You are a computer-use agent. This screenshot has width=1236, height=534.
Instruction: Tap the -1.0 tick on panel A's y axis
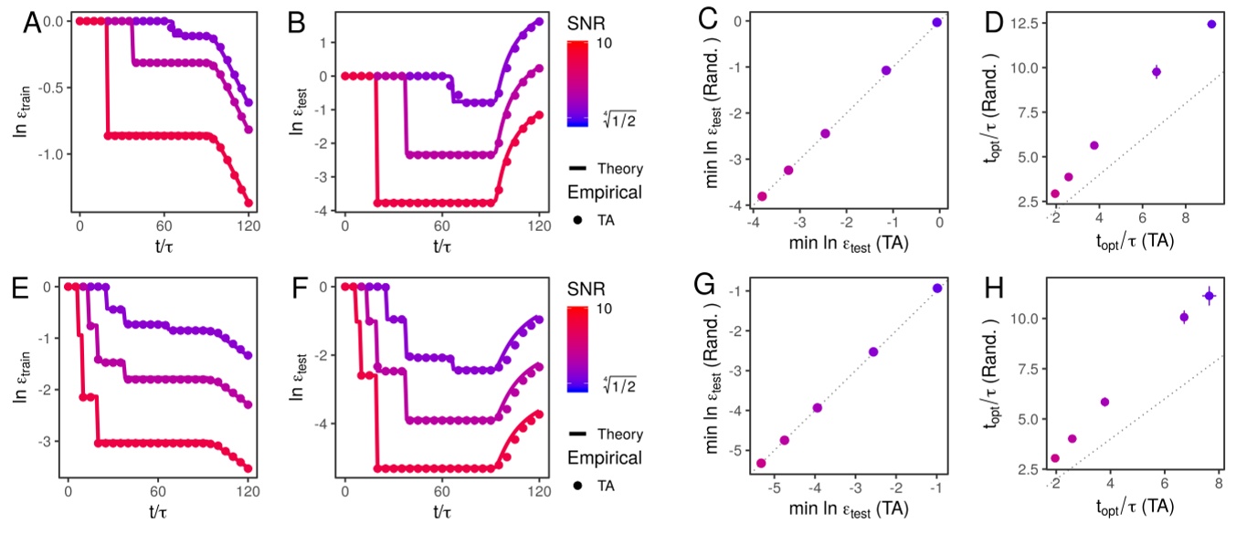[54, 152]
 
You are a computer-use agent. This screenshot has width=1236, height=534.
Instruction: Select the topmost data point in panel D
[1211, 25]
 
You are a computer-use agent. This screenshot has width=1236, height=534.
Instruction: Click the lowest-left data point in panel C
[762, 196]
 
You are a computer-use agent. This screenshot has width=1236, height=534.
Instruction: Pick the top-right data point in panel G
[937, 288]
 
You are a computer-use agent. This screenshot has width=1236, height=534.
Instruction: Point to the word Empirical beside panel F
[604, 457]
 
